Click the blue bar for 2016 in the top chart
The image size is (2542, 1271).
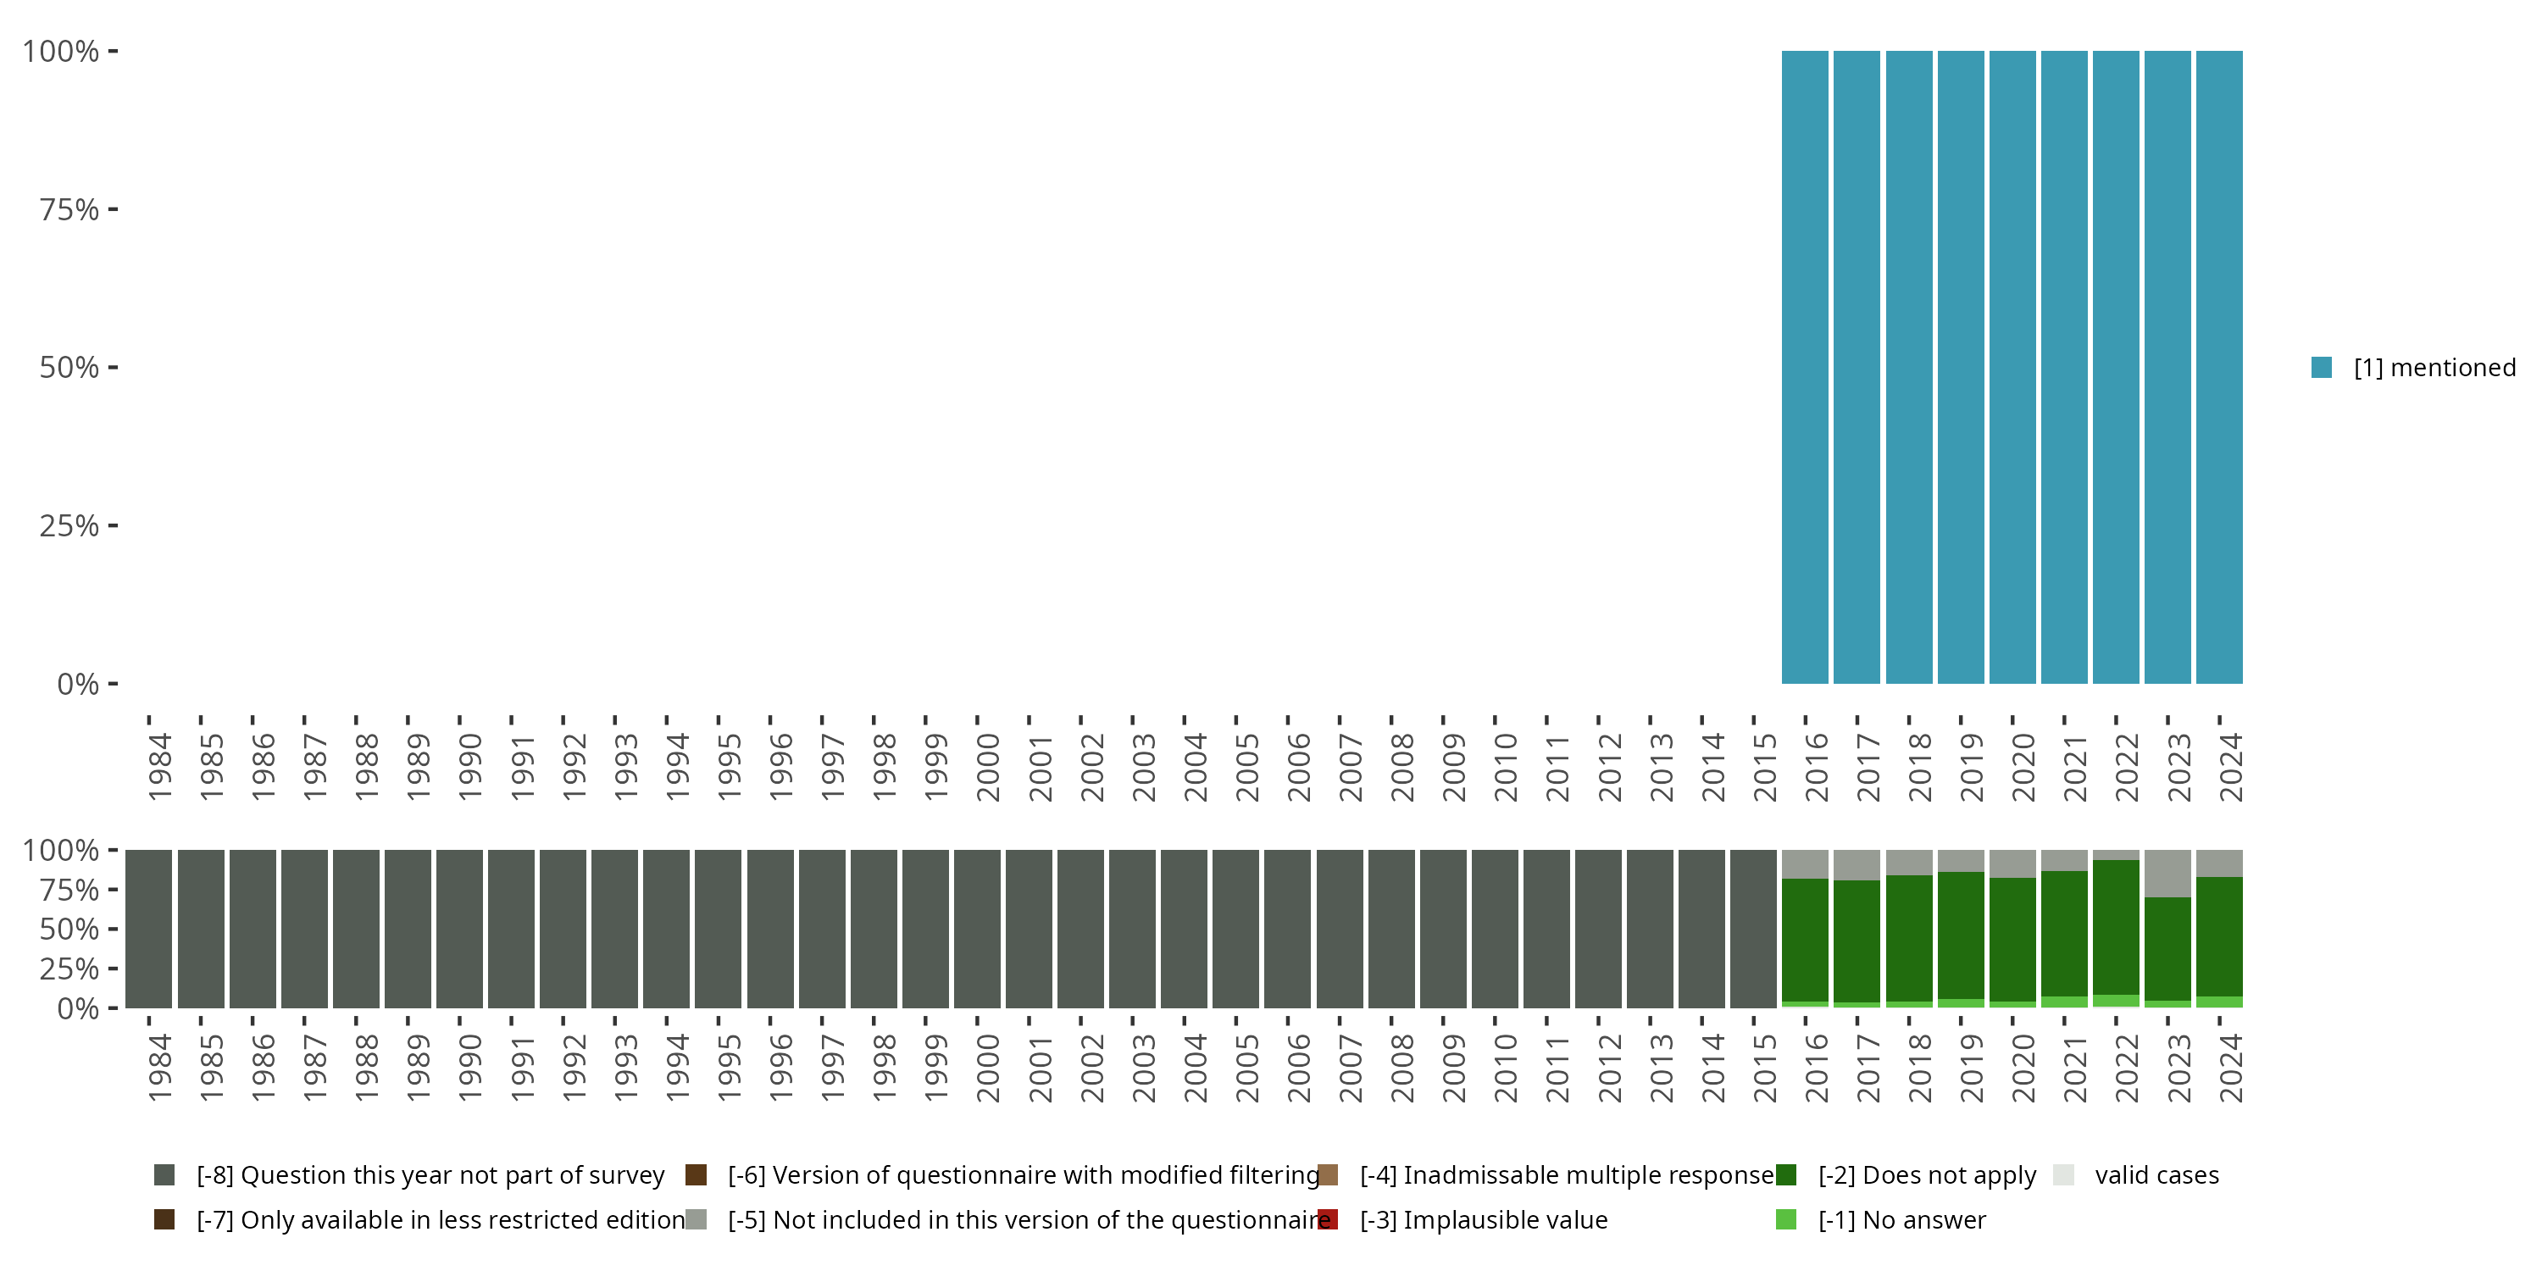click(1805, 367)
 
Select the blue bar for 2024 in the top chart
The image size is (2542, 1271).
click(2219, 367)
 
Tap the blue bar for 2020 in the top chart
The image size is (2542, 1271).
click(2012, 367)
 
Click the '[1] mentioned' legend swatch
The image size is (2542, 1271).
click(2321, 368)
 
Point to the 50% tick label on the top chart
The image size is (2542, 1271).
click(69, 368)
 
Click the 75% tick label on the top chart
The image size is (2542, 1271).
click(69, 210)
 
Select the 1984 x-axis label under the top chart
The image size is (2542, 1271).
click(160, 767)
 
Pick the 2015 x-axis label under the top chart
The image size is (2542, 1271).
click(1765, 767)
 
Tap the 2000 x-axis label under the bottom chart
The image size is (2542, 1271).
click(988, 1068)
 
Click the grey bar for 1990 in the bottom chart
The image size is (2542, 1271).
click(460, 929)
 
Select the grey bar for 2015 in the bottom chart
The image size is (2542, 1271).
click(1753, 929)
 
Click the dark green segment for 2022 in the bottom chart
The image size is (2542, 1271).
click(2116, 928)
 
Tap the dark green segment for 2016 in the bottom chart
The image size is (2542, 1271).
click(1805, 940)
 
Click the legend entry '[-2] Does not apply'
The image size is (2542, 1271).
click(1926, 1175)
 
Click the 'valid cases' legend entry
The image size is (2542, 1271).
click(2156, 1175)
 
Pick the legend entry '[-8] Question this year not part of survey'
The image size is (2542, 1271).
click(430, 1175)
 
